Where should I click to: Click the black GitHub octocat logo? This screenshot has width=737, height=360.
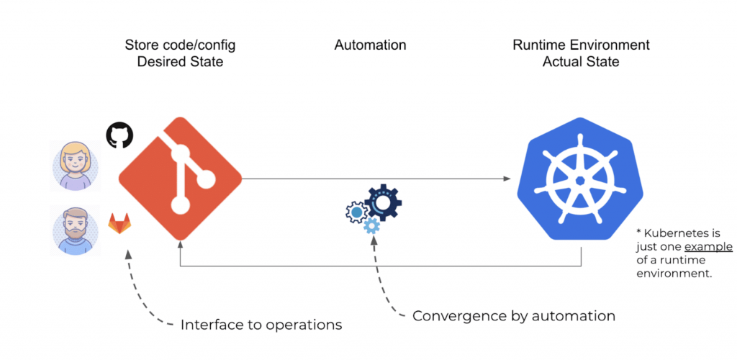click(x=119, y=135)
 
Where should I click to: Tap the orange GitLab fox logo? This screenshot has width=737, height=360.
click(x=120, y=222)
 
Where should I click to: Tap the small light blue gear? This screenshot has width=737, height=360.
click(x=371, y=225)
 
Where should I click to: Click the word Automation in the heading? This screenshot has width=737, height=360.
click(x=370, y=45)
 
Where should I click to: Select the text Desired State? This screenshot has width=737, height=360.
click(x=179, y=62)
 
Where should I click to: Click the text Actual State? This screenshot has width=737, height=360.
click(x=581, y=62)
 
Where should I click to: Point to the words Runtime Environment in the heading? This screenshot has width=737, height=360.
click(x=581, y=45)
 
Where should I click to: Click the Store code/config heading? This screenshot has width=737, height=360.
click(x=179, y=45)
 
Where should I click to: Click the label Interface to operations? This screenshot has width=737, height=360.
click(x=261, y=325)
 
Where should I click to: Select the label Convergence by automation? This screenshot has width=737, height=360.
click(x=514, y=315)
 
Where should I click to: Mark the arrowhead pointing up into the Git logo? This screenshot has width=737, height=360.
click(x=180, y=245)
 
